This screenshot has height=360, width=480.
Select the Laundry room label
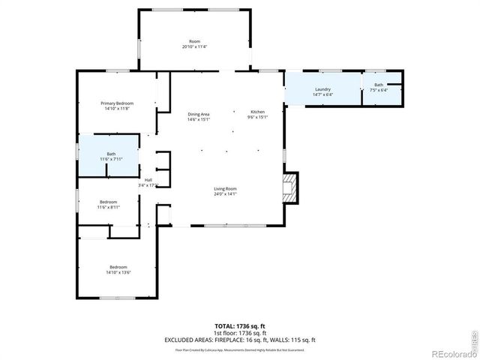(x=322, y=89)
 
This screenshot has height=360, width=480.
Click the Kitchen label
(x=257, y=112)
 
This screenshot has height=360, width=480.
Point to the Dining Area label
(x=198, y=113)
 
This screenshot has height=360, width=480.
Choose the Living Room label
(x=225, y=188)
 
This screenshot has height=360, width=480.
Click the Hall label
(x=148, y=180)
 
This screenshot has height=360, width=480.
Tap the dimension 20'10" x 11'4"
(x=194, y=46)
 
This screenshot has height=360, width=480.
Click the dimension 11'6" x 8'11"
(x=109, y=207)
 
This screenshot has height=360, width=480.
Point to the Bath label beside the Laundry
(x=379, y=85)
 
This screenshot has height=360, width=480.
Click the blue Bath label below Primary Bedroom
(x=110, y=154)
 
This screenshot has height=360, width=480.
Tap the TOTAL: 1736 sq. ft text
(x=239, y=325)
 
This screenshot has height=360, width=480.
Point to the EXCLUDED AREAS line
(x=239, y=339)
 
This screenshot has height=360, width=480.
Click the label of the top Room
(x=194, y=40)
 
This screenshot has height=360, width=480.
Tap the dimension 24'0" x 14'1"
(x=225, y=193)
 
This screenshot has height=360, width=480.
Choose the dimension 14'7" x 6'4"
(x=322, y=94)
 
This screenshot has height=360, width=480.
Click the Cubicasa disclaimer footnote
(x=239, y=349)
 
